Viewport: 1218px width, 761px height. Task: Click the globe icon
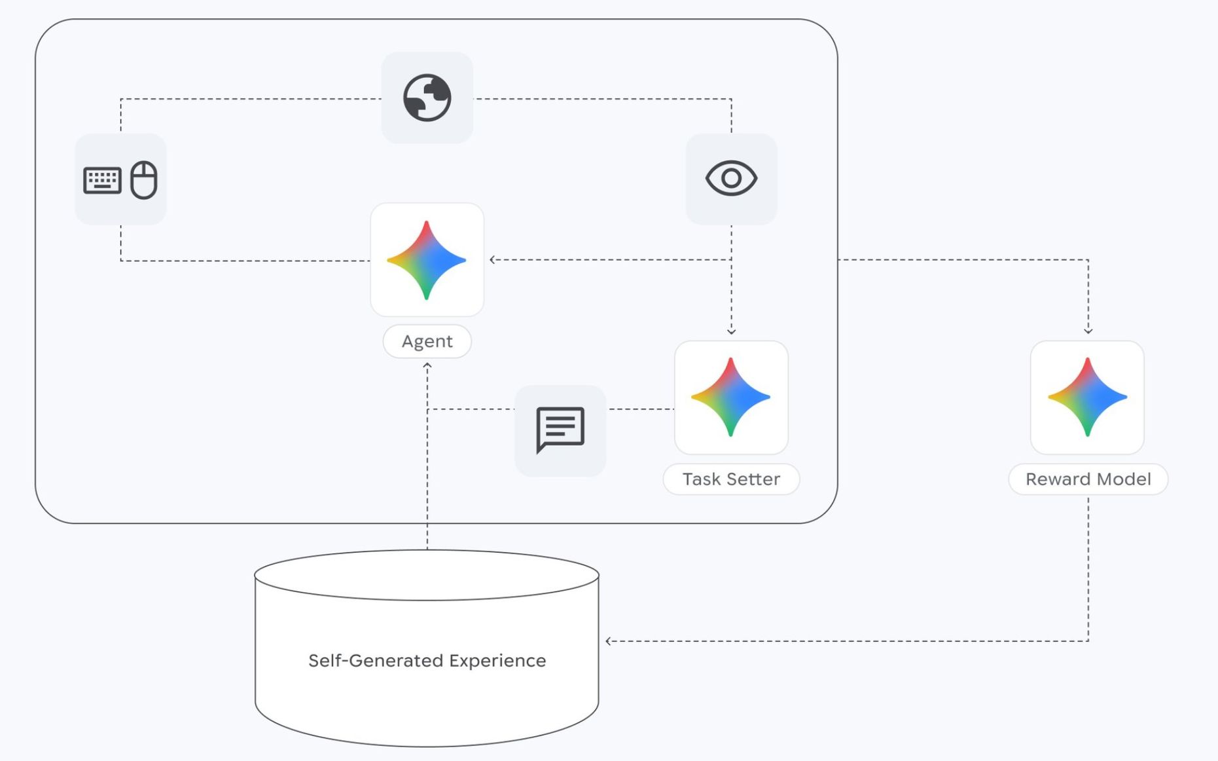coord(427,98)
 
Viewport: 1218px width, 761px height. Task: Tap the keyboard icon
coord(102,180)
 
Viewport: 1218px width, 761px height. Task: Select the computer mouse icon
coord(144,179)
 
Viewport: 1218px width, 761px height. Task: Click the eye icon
coord(731,178)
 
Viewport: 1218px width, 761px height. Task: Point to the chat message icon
coord(560,430)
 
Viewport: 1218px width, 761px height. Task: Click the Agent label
coord(427,341)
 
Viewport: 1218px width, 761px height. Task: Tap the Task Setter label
coord(731,479)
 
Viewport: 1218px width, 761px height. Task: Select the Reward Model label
coord(1088,479)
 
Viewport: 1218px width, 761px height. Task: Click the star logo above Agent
coord(427,260)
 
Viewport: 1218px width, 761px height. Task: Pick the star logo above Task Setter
coord(731,397)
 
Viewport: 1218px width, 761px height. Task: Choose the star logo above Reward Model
coord(1087,397)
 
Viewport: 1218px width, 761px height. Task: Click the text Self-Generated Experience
coord(427,660)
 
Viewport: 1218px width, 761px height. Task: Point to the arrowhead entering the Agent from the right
coord(492,259)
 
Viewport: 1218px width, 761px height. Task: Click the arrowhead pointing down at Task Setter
coord(731,332)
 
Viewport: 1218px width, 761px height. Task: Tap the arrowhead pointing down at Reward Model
coord(1088,331)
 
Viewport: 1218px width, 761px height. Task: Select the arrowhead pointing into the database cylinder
coord(609,641)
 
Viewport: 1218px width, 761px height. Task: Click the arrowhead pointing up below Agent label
coord(427,365)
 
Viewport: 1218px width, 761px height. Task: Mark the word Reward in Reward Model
coord(1053,479)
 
